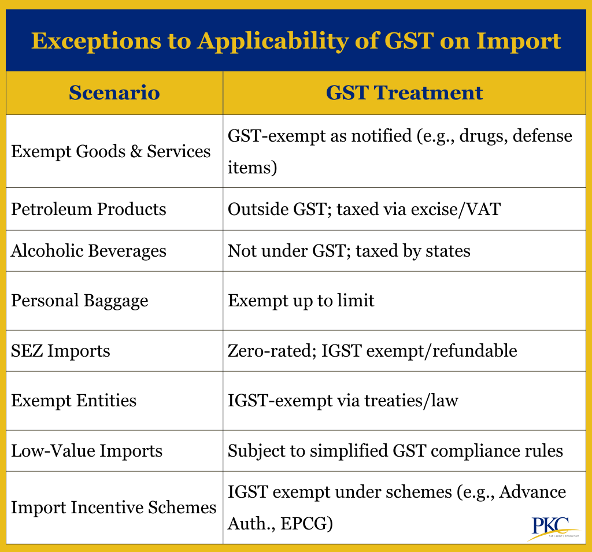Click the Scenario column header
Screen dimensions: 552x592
click(114, 93)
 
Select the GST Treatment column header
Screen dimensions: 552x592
click(404, 93)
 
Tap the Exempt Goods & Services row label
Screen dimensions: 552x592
click(111, 151)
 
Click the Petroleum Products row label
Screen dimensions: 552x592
click(88, 209)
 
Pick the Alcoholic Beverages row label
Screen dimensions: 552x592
click(88, 251)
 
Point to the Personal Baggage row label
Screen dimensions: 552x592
click(80, 301)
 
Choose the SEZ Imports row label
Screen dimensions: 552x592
click(61, 351)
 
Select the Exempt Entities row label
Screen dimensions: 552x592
click(74, 401)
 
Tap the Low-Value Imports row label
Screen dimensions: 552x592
click(87, 450)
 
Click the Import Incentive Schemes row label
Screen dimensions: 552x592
click(114, 507)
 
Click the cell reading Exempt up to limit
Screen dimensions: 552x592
click(301, 301)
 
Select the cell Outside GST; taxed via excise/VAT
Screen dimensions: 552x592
click(364, 209)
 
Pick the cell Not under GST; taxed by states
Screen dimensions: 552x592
click(349, 251)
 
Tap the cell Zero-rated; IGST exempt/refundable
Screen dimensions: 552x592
click(372, 351)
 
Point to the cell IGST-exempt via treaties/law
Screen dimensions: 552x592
click(342, 401)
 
